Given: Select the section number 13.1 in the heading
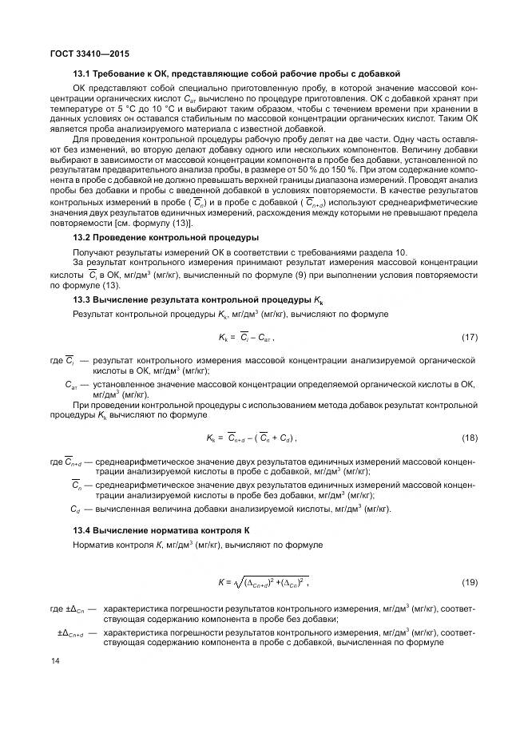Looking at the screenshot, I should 81,74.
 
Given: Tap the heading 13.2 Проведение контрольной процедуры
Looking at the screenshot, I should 165,238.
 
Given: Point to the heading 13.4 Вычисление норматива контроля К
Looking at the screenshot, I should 153,530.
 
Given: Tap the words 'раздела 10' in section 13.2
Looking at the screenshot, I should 385,252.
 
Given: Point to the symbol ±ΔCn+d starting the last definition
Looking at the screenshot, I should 72,632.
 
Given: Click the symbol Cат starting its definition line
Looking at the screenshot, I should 71,385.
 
